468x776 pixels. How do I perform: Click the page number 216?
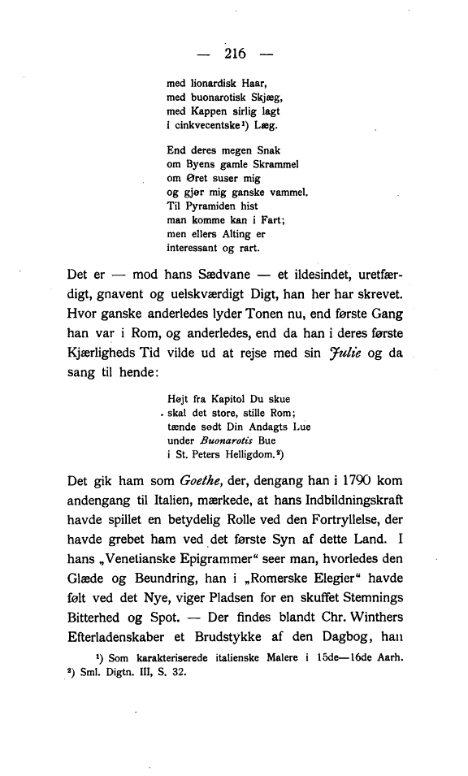[234, 54]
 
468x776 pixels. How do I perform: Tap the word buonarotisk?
[214, 97]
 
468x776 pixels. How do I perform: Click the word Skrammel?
[273, 163]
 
